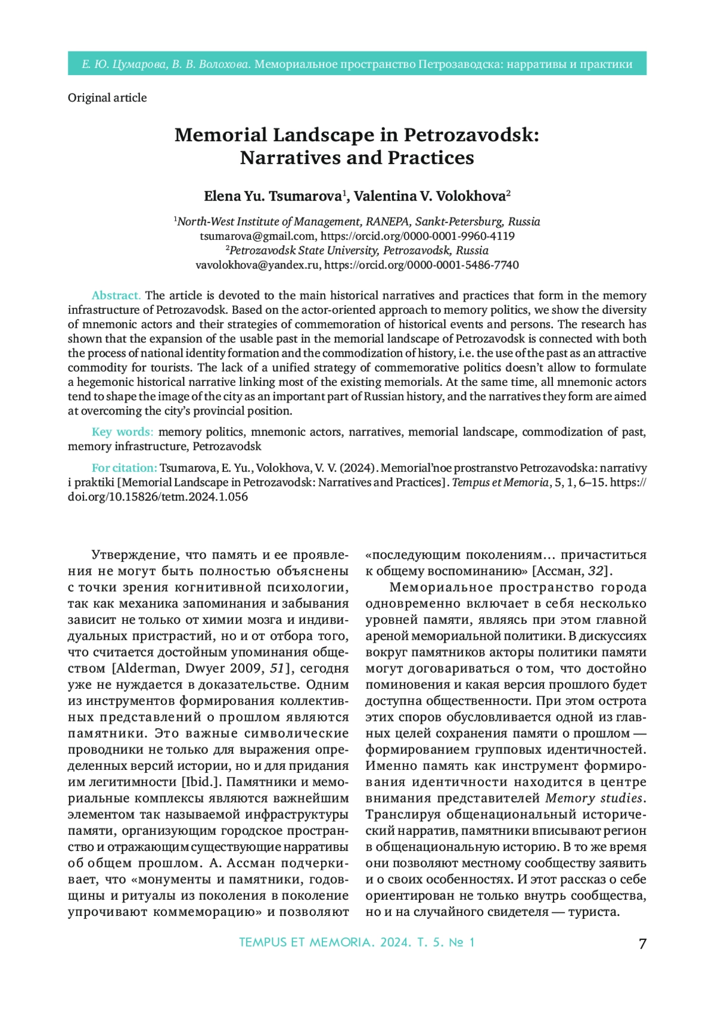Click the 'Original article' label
point(107,98)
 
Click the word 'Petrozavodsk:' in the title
point(471,135)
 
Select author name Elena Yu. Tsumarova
point(273,196)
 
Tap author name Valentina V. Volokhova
point(430,196)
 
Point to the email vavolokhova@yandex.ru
point(257,265)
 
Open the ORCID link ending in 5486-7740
point(421,265)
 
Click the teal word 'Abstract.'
point(116,295)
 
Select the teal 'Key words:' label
point(122,432)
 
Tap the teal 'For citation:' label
point(124,468)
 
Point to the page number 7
point(642,943)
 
